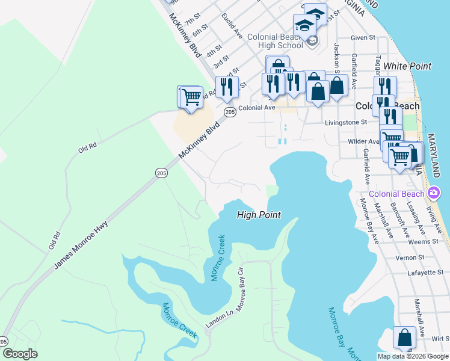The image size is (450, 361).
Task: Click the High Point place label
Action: point(259,214)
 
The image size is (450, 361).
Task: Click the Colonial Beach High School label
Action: point(274,41)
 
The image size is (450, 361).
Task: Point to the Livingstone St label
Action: point(346,122)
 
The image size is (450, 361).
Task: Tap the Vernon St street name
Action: point(410,258)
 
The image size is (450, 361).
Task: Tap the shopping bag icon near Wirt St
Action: point(404,338)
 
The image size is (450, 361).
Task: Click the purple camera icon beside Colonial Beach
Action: point(434,193)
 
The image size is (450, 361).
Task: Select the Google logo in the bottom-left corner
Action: point(20,354)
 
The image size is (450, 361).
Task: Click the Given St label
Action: point(363,37)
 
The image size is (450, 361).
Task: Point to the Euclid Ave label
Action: point(232,24)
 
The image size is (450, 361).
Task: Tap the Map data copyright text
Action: point(413,356)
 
